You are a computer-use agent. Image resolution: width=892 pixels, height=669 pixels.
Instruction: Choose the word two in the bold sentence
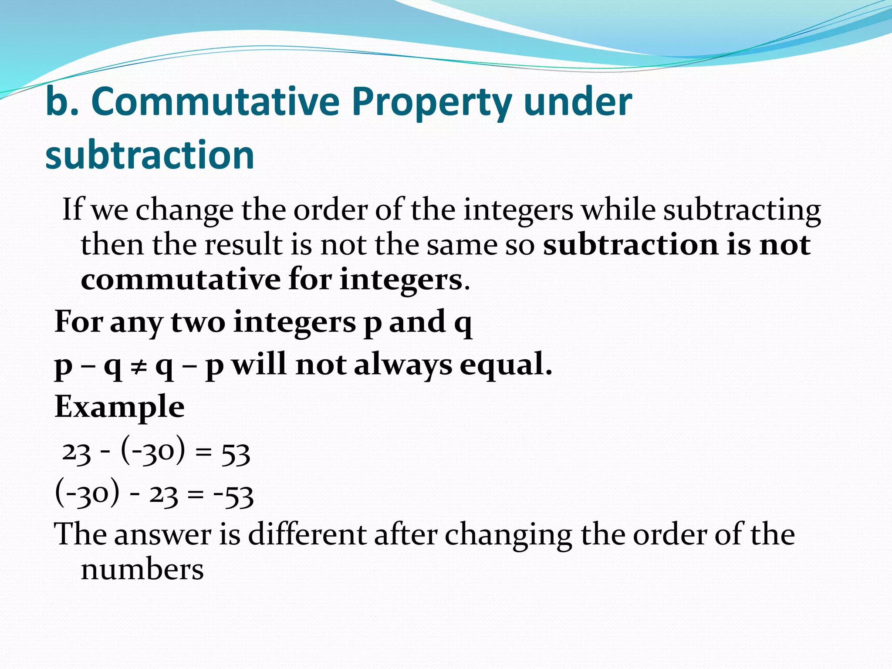pos(198,322)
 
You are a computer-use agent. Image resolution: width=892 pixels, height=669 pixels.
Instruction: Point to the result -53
pos(233,496)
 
